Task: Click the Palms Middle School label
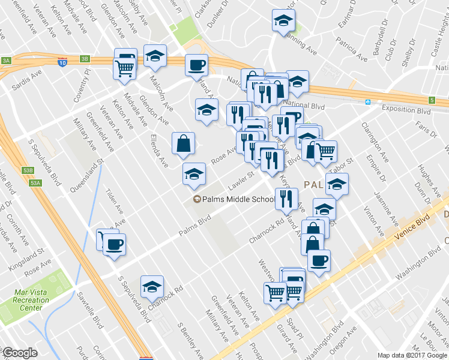pyautogui.click(x=238, y=199)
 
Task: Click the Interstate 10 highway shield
pyautogui.click(x=62, y=61)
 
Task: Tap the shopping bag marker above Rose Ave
pyautogui.click(x=183, y=143)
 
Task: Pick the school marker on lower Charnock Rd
pyautogui.click(x=152, y=287)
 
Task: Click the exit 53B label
pyautogui.click(x=28, y=170)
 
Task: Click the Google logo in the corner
pyautogui.click(x=20, y=353)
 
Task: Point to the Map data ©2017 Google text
pyautogui.click(x=413, y=355)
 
